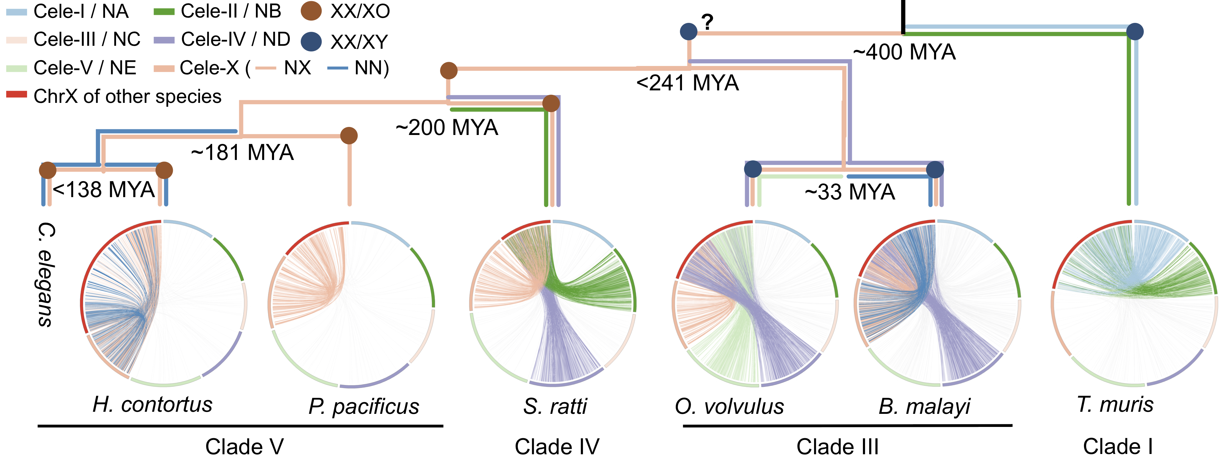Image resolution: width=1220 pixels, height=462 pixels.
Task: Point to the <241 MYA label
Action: pyautogui.click(x=687, y=83)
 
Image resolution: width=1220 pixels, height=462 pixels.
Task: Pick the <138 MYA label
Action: pyautogui.click(x=104, y=189)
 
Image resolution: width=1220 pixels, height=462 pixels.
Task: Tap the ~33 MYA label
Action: pyautogui.click(x=850, y=192)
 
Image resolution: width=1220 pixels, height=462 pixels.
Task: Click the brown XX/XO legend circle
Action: pyautogui.click(x=311, y=11)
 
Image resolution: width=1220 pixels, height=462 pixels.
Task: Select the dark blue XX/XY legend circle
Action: pyautogui.click(x=311, y=41)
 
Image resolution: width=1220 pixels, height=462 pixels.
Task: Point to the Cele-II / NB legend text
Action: pyautogui.click(x=231, y=11)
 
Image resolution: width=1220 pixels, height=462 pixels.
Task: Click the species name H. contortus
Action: pyautogui.click(x=152, y=404)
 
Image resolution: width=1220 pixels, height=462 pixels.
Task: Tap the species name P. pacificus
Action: pyautogui.click(x=364, y=406)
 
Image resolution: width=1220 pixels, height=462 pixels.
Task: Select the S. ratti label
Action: pyautogui.click(x=555, y=406)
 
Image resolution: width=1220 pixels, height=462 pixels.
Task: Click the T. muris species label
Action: pyautogui.click(x=1115, y=404)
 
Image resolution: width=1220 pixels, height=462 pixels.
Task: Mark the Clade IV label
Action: pyautogui.click(x=557, y=446)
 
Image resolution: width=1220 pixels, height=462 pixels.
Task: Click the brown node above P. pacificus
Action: pyautogui.click(x=349, y=136)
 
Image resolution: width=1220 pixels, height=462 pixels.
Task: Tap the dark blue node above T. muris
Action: pyautogui.click(x=1135, y=32)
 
